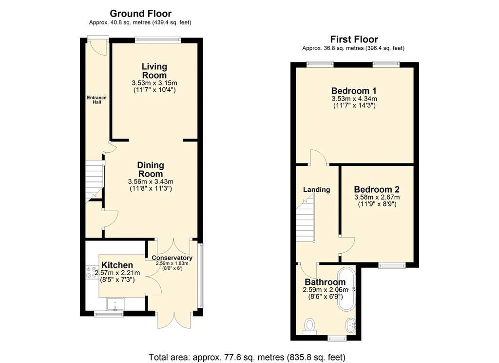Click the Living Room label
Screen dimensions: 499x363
pyautogui.click(x=154, y=71)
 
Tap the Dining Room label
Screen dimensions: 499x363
pyautogui.click(x=151, y=170)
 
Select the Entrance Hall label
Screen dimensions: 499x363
pyautogui.click(x=97, y=100)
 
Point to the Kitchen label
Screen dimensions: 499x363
pyautogui.click(x=117, y=265)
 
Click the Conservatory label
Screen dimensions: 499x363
pyautogui.click(x=172, y=258)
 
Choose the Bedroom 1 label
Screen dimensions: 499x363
pyautogui.click(x=354, y=91)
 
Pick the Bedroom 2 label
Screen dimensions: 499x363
pyautogui.click(x=377, y=189)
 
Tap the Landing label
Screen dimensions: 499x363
pyautogui.click(x=316, y=190)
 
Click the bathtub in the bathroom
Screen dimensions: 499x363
pyautogui.click(x=346, y=290)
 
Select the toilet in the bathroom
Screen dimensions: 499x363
pyautogui.click(x=309, y=327)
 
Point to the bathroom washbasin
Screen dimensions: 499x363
pyautogui.click(x=351, y=325)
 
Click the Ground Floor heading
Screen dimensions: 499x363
pyautogui.click(x=141, y=14)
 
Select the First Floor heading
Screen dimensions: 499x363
pyautogui.click(x=354, y=40)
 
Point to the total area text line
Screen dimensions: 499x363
pyautogui.click(x=247, y=357)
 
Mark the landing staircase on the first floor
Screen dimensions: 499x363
pyautogui.click(x=306, y=219)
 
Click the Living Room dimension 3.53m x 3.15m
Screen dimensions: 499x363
pyautogui.click(x=154, y=83)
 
